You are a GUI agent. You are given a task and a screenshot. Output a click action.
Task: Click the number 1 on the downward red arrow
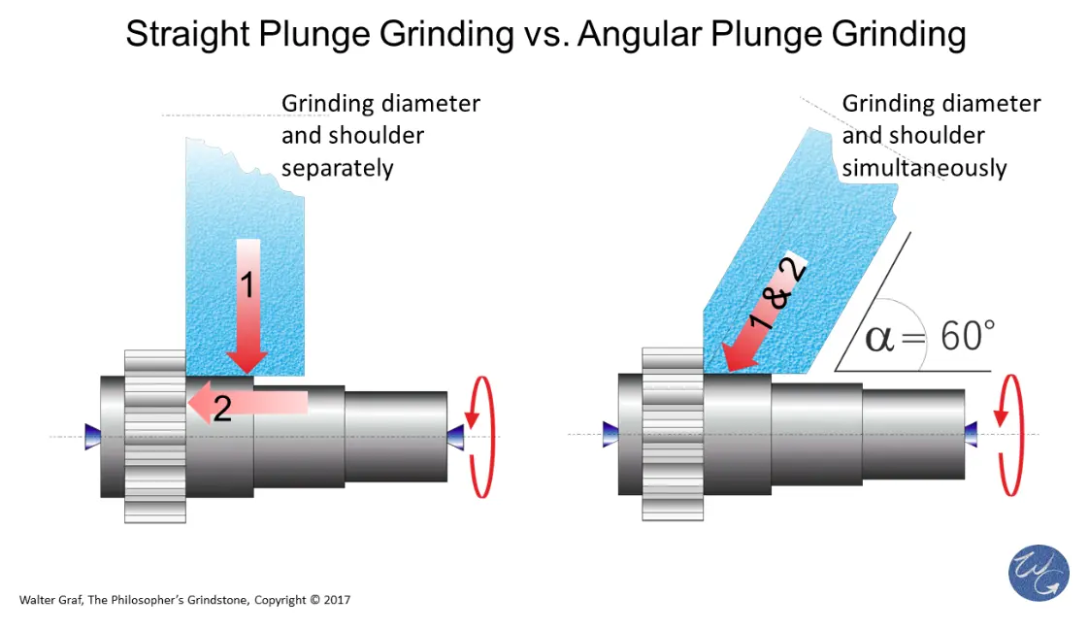pyautogui.click(x=247, y=285)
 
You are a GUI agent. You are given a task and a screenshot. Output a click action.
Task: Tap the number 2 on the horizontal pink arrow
pyautogui.click(x=222, y=409)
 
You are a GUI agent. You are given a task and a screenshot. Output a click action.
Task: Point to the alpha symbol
pyautogui.click(x=879, y=340)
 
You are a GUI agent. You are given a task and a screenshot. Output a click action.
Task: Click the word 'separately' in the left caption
pyautogui.click(x=337, y=168)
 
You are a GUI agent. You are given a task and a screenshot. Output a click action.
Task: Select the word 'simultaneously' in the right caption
pyautogui.click(x=923, y=168)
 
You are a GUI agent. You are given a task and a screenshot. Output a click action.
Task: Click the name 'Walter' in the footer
pyautogui.click(x=36, y=600)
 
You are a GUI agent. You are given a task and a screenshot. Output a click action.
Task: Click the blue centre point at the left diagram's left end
pyautogui.click(x=92, y=436)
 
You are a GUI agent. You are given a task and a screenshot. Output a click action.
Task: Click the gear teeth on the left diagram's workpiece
pyautogui.click(x=154, y=436)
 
